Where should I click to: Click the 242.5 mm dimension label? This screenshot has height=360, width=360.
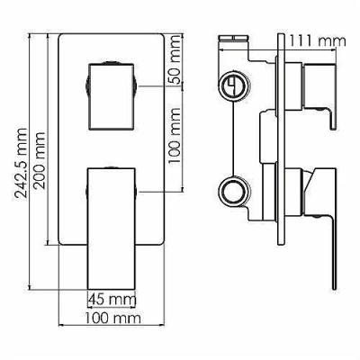pos(21,163)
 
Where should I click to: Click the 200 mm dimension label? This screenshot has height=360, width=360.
pos(39,161)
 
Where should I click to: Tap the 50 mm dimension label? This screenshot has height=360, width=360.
pos(175,58)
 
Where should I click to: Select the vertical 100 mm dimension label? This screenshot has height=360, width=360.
pos(175,135)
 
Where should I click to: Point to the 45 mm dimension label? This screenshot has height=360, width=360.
pos(112,299)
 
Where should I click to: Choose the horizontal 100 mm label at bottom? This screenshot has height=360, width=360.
pos(112,318)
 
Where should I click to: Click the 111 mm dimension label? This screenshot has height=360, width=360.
pos(318,40)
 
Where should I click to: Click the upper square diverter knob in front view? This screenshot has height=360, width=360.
pos(111,96)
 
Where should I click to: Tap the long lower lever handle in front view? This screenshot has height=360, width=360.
pos(112,229)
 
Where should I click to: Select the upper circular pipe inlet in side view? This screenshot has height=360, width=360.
pos(234,85)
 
